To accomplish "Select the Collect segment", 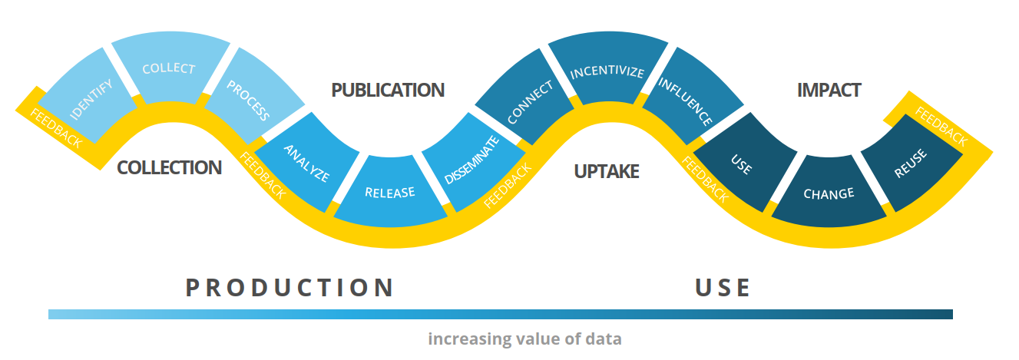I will (x=169, y=68).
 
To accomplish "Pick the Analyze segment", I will (x=306, y=163).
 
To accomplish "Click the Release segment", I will (x=389, y=192).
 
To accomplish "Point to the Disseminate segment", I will (x=471, y=160).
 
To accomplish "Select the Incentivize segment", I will (x=607, y=72).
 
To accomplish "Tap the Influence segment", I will (x=686, y=101).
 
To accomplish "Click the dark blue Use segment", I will (x=741, y=163).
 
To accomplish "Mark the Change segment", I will (x=828, y=193).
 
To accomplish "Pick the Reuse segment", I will (x=911, y=163).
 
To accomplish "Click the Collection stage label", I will (x=169, y=167).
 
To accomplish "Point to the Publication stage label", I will (x=388, y=90).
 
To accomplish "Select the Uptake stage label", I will (x=607, y=171).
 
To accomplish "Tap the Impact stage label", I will (x=829, y=90).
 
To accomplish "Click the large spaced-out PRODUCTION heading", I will (x=290, y=288).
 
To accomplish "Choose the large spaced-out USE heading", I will (x=723, y=288).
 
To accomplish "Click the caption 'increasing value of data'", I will (x=524, y=339).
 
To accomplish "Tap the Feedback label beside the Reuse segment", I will (x=941, y=128).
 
